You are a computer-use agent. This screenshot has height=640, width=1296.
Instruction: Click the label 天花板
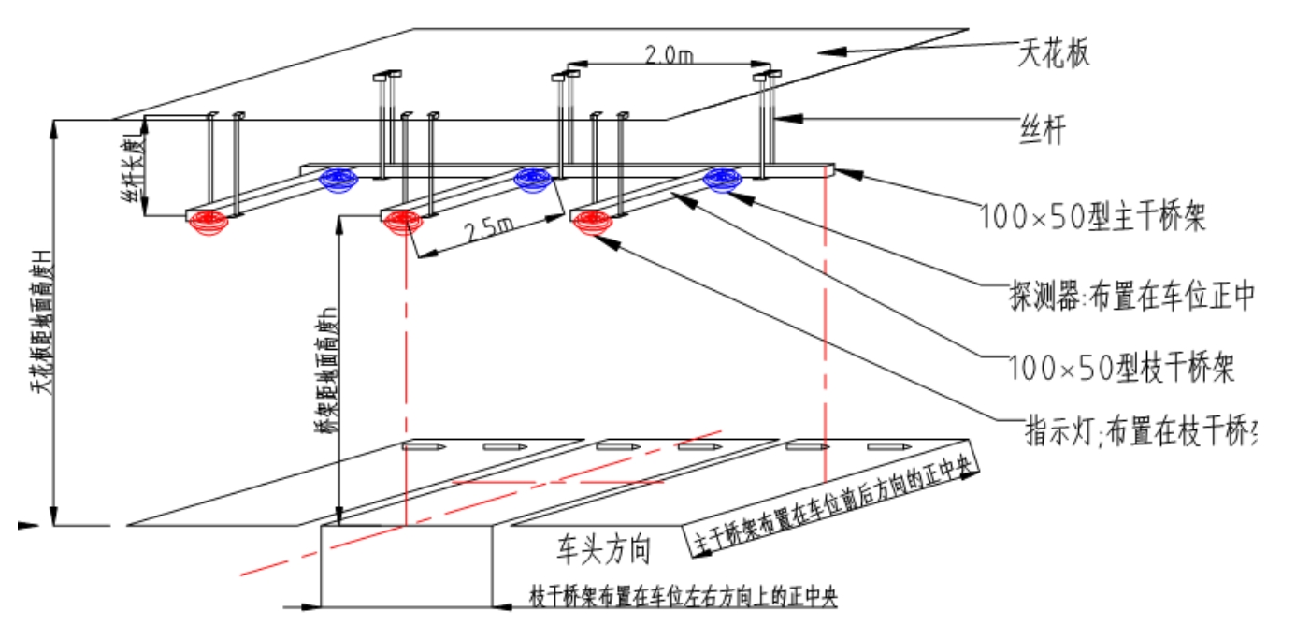[x=1053, y=52]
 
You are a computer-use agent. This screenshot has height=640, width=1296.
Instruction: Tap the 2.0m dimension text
[x=669, y=54]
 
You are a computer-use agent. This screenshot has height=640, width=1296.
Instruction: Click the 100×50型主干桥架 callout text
[x=1092, y=218]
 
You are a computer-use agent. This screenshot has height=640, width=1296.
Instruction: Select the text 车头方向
[x=604, y=548]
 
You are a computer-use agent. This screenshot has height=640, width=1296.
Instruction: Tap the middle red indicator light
[x=401, y=223]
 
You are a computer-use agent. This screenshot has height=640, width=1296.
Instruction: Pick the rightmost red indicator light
[x=593, y=223]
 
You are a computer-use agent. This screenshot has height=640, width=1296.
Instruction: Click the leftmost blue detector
[x=338, y=178]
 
